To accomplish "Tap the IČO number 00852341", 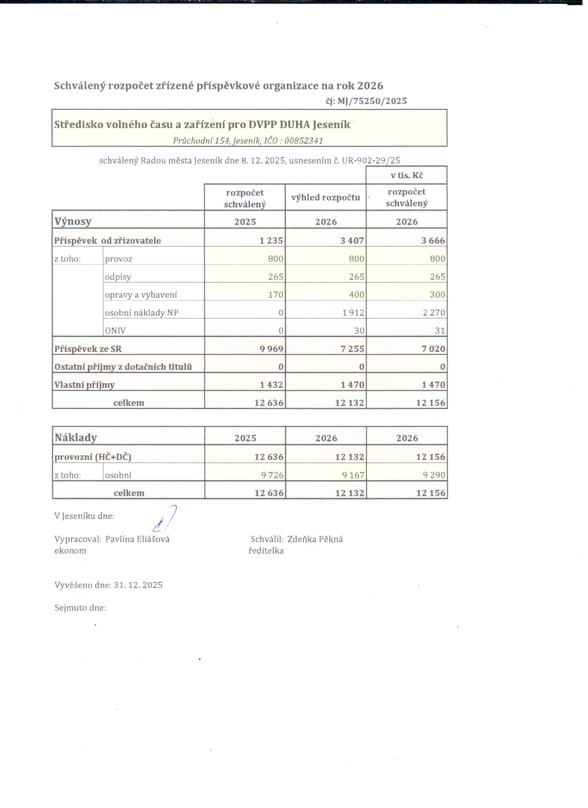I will point(304,141).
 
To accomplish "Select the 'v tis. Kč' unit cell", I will point(407,176).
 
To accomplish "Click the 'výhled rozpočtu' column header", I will point(325,197).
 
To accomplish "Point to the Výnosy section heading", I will point(73,221).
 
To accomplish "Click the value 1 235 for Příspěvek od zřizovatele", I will point(271,241).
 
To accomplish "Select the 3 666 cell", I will point(433,241).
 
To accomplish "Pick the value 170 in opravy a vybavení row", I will point(276,295).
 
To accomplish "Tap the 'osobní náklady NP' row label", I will point(141,313).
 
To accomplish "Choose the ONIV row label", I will point(115,331).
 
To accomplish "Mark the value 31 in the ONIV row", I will point(440,331).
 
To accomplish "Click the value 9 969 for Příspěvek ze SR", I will point(272,349).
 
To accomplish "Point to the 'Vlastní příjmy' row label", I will point(84,385).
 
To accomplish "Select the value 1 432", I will point(272,385).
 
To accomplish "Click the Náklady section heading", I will point(75,437).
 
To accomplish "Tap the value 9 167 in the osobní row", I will point(353,475).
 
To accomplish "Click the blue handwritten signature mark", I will point(165,519).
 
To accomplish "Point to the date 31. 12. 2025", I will point(138,585).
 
